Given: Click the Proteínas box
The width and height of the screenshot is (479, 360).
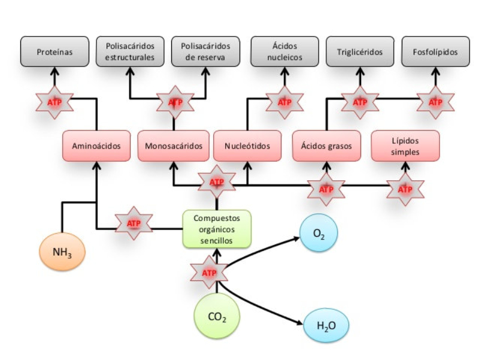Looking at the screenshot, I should (x=54, y=52).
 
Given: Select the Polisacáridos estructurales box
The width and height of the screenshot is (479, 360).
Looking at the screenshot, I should (x=130, y=52).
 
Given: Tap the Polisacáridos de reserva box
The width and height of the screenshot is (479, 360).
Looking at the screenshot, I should (x=205, y=52).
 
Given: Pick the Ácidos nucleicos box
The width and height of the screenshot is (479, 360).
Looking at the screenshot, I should (x=284, y=52).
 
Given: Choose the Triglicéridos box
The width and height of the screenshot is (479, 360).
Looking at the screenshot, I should (x=360, y=52).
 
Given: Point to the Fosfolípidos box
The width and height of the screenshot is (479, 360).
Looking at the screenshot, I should (x=435, y=52).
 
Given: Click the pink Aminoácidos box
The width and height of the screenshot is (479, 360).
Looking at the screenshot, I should (x=96, y=146).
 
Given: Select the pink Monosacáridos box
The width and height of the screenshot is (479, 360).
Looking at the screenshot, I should (x=174, y=146).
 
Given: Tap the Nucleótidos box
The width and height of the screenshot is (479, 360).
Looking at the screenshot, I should (x=248, y=146).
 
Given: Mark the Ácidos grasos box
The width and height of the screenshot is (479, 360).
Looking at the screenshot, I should (x=326, y=146).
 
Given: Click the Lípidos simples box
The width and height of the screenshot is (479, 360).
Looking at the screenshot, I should (x=405, y=146).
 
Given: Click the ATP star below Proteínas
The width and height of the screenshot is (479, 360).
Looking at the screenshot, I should (x=54, y=102).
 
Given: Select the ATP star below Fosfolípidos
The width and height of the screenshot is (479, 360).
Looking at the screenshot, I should (x=435, y=102).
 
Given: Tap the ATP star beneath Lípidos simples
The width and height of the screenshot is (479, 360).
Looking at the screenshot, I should (x=405, y=189).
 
